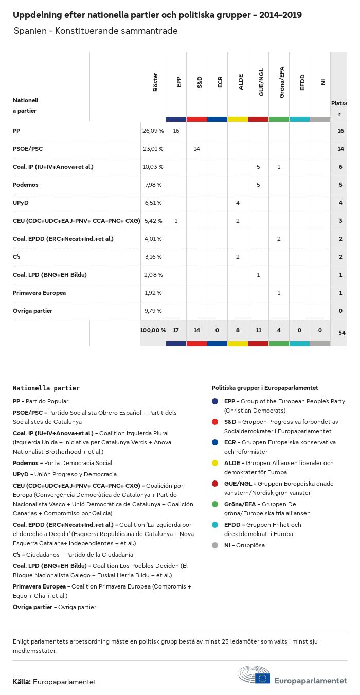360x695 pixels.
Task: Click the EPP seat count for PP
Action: tap(176, 131)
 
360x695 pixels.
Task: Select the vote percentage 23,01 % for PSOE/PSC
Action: tap(153, 149)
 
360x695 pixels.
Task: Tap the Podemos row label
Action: tap(26, 185)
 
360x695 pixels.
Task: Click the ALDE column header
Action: tap(241, 82)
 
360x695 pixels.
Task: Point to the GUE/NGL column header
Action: tap(261, 82)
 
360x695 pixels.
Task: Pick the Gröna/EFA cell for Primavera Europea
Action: tap(279, 293)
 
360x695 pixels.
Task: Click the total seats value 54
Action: tap(341, 333)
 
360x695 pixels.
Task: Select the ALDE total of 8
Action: tap(238, 330)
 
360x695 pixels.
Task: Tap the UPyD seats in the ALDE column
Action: tap(238, 203)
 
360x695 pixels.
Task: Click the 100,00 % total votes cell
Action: tap(153, 330)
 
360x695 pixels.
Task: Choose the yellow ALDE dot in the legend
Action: tap(215, 463)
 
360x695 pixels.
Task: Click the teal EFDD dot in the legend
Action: tap(215, 525)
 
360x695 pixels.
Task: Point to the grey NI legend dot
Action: tap(215, 545)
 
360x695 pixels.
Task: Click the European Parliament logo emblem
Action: tap(254, 675)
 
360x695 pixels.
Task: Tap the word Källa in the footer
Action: tap(22, 682)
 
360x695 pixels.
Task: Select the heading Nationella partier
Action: tap(46, 388)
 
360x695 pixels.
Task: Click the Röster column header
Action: tap(155, 82)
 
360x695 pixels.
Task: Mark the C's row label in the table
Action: tap(16, 257)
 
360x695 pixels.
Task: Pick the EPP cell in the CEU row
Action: tap(176, 221)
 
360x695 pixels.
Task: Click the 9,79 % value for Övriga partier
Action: tap(152, 311)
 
